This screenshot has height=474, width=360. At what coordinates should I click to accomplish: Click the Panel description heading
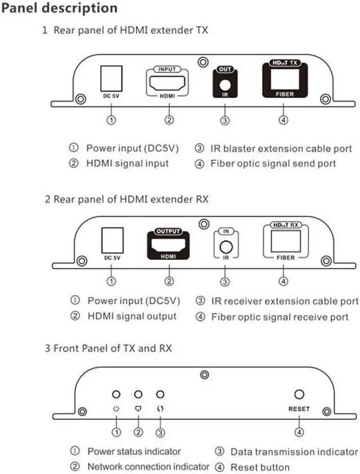point(59,9)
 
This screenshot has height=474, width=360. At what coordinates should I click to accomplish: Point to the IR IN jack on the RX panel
point(225,246)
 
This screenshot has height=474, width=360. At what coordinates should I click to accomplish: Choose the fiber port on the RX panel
point(285,241)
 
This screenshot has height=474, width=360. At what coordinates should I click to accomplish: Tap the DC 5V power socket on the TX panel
point(110,79)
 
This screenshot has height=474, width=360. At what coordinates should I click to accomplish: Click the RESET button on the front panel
point(299,395)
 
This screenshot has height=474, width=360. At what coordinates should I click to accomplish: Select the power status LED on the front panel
point(116,395)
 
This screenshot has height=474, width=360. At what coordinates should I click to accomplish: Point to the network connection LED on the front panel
point(138,395)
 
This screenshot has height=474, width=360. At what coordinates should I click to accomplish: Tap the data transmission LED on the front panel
point(160,395)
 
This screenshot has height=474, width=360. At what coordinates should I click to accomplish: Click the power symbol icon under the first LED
point(116,409)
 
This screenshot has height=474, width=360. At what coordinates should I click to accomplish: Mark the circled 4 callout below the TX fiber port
point(285,120)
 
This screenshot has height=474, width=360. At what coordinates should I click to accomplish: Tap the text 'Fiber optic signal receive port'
point(280,317)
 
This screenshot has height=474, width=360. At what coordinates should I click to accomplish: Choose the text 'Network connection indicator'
point(148,467)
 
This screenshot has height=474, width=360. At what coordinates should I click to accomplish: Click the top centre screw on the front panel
point(205,373)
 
